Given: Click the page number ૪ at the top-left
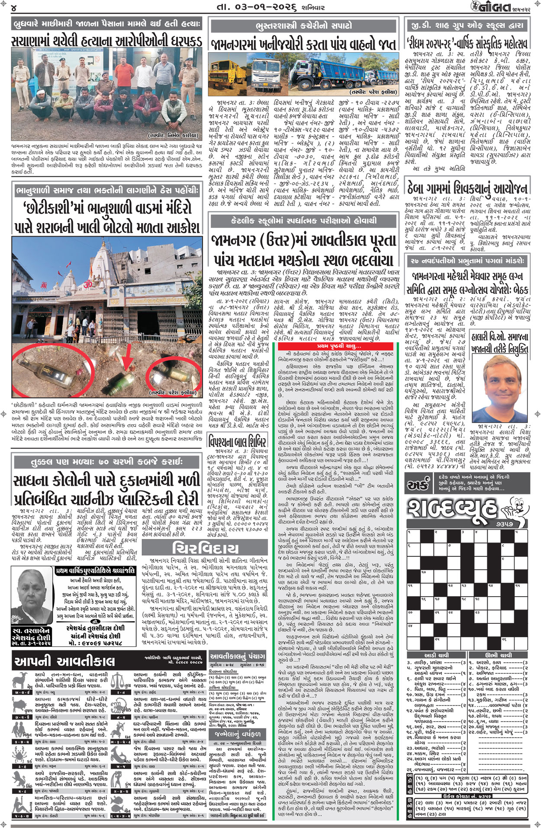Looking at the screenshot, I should [14, 8].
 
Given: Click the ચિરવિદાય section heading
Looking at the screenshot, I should [206, 548].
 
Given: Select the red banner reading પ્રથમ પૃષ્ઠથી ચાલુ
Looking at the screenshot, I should [338, 346].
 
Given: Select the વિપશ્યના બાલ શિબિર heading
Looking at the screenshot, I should [237, 442].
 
